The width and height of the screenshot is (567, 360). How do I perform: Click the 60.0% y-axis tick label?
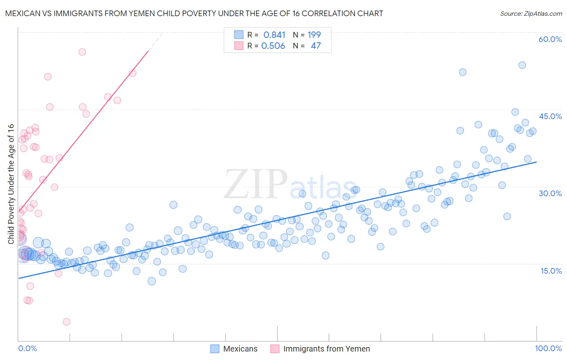(550, 39)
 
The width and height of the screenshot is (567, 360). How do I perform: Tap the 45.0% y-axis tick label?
(550, 116)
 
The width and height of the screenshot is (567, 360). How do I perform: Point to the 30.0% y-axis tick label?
(550, 193)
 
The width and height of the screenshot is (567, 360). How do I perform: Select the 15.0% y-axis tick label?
(551, 270)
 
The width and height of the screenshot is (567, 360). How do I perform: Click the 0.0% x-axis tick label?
(27, 348)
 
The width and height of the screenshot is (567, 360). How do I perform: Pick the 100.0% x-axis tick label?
(548, 348)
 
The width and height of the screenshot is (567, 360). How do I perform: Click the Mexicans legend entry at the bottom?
(240, 349)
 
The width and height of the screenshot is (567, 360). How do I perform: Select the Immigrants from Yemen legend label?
(326, 349)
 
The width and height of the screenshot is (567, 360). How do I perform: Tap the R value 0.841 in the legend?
(274, 35)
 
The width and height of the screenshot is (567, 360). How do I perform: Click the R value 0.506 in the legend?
(273, 46)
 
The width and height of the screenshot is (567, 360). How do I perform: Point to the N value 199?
(314, 35)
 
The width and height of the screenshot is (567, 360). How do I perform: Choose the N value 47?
(316, 46)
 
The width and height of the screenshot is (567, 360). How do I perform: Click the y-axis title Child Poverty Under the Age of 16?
(11, 184)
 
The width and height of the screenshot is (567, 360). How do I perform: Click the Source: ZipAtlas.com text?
(531, 13)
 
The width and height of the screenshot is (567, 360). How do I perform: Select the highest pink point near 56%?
(82, 52)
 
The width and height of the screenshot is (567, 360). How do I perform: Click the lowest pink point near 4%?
(67, 322)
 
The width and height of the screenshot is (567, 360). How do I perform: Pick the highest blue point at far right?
(522, 65)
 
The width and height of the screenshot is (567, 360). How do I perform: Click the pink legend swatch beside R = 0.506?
(239, 46)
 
